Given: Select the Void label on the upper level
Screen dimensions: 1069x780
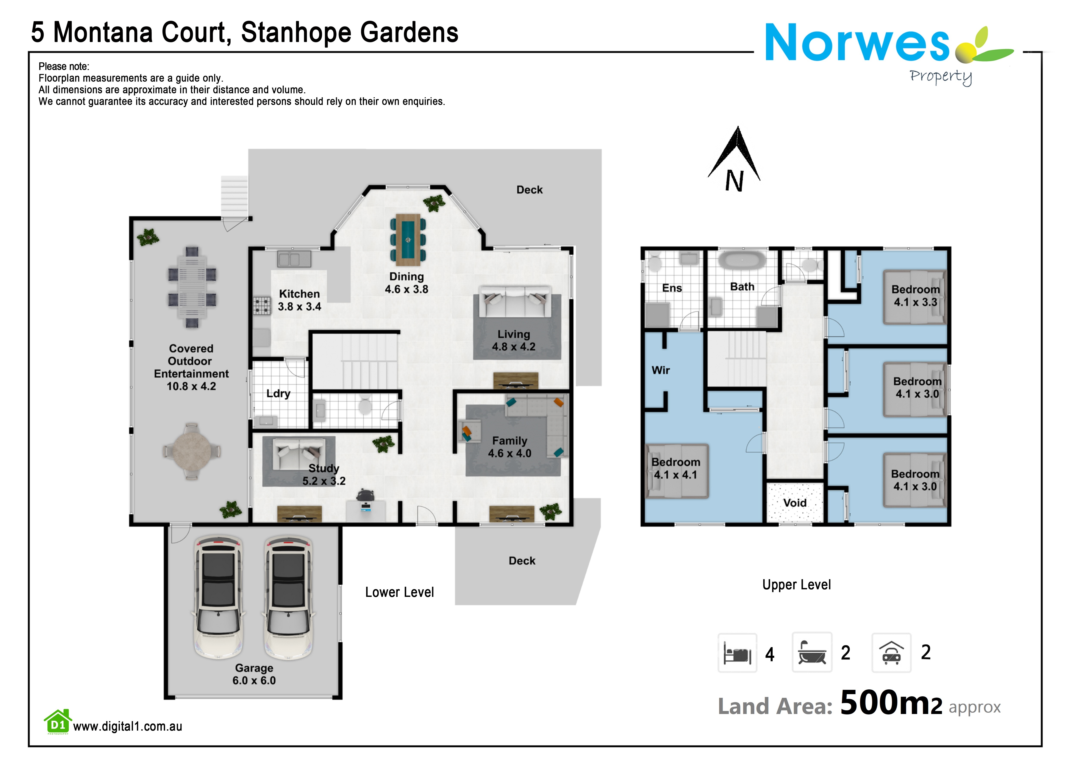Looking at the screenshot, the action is (x=795, y=503).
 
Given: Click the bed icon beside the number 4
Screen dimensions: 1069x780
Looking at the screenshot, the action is (x=737, y=653).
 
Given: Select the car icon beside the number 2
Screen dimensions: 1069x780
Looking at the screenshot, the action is (x=891, y=653).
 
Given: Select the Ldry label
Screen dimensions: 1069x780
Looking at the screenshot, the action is (x=278, y=394).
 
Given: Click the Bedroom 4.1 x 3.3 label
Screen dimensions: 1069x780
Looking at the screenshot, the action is (x=916, y=296).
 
